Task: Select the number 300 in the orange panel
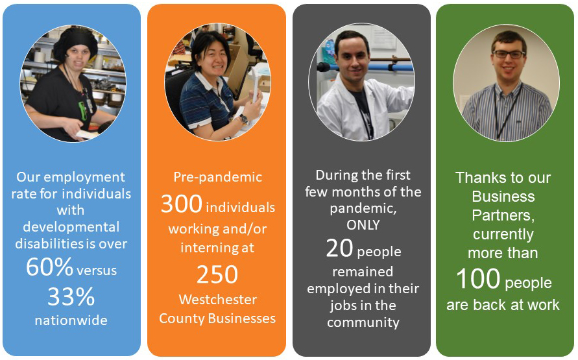point(182,204)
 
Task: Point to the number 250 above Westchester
point(217,274)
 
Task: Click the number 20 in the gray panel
point(339,248)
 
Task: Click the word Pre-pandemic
point(217,177)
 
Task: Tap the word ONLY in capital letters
point(363,225)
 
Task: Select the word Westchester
point(217,300)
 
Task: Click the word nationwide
point(72,320)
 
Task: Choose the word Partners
point(503,215)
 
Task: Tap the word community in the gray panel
point(363,322)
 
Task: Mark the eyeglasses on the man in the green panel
point(508,54)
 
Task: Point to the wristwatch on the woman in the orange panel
point(243,119)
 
